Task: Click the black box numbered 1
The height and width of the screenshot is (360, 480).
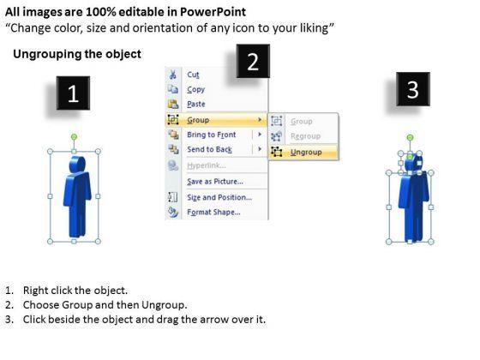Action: pyautogui.click(x=73, y=93)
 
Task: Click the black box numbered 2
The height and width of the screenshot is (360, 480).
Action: pyautogui.click(x=253, y=61)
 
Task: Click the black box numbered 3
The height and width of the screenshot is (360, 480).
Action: pyautogui.click(x=413, y=89)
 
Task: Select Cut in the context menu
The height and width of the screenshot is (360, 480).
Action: pyautogui.click(x=193, y=75)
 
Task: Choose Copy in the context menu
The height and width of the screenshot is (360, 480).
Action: pyautogui.click(x=196, y=89)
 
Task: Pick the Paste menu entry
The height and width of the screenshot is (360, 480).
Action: pyautogui.click(x=196, y=104)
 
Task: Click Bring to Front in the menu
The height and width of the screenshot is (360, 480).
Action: pyautogui.click(x=211, y=135)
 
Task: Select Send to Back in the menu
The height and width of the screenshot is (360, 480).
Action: pyautogui.click(x=209, y=149)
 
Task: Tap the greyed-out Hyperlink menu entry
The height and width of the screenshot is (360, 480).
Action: pyautogui.click(x=207, y=165)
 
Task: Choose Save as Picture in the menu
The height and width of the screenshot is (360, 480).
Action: pyautogui.click(x=215, y=182)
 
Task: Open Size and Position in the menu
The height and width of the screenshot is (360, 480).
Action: pyautogui.click(x=219, y=197)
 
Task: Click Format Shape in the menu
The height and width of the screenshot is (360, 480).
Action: pyautogui.click(x=213, y=213)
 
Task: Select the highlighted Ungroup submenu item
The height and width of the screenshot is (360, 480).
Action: pyautogui.click(x=306, y=153)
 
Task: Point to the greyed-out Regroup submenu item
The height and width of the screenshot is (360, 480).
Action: pyautogui.click(x=305, y=136)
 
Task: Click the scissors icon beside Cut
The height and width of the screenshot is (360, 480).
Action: pyautogui.click(x=172, y=75)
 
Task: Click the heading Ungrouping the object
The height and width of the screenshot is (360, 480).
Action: pyautogui.click(x=77, y=54)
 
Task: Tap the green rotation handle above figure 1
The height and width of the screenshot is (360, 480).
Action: pyautogui.click(x=74, y=137)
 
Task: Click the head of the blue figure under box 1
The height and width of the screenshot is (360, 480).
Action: pyautogui.click(x=77, y=165)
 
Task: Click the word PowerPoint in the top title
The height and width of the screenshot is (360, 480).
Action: pyautogui.click(x=213, y=12)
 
